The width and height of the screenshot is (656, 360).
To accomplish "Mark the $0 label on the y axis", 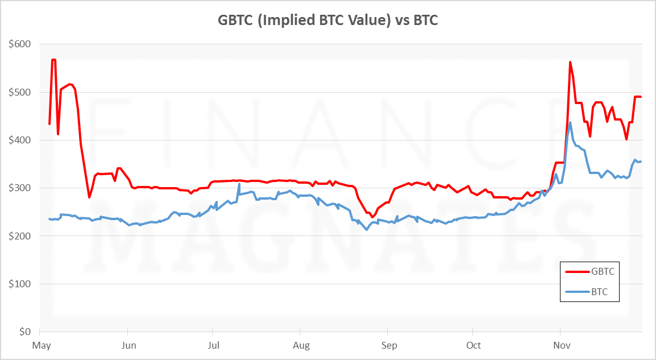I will (24, 332).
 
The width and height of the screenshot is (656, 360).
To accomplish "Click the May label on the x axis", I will (41, 345).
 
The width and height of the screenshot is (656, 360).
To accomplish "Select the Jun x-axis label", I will (128, 345).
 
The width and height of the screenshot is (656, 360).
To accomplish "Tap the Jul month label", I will (213, 345).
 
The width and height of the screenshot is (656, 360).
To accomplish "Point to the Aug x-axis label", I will (301, 345).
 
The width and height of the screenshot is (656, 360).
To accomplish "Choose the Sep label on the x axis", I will (388, 345).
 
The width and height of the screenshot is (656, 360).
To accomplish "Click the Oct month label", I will (473, 345).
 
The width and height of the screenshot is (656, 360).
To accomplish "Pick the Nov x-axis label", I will (561, 345).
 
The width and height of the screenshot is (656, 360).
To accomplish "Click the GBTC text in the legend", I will (603, 272).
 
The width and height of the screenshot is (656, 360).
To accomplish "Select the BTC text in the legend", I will (600, 292).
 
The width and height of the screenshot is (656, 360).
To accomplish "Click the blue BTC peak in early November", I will (570, 122).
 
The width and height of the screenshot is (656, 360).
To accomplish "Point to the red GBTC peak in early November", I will (570, 62).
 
